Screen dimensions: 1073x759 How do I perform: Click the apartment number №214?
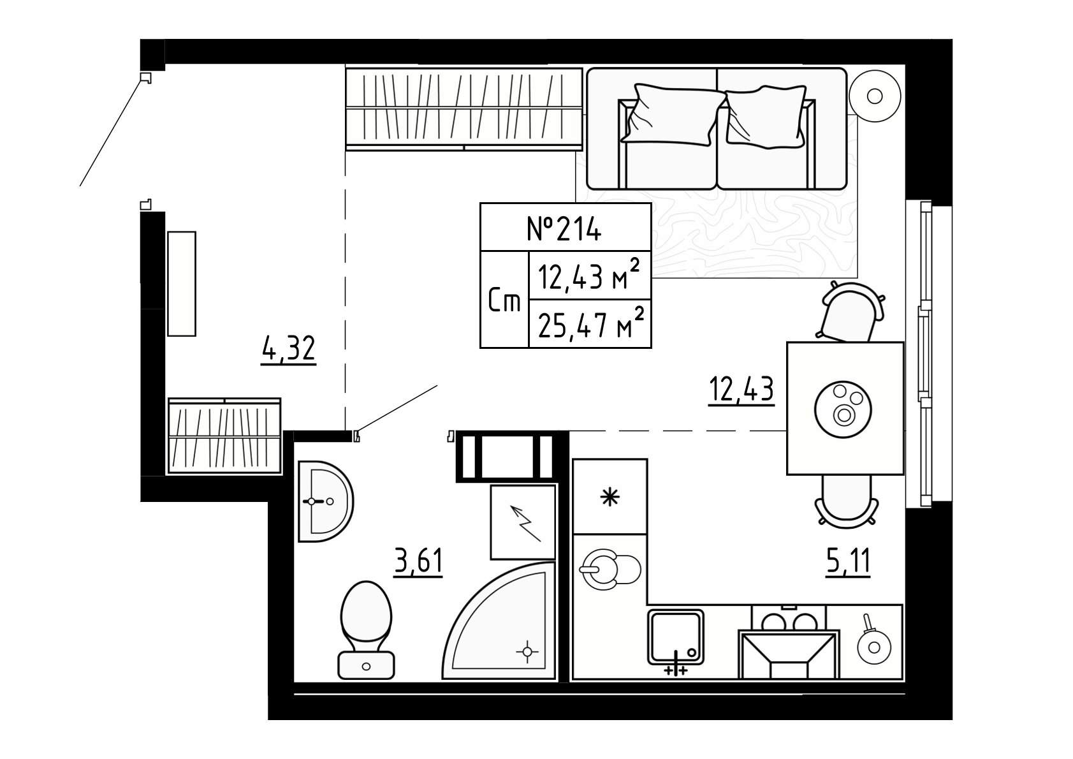click(564, 228)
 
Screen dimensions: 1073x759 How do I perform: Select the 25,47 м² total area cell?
click(590, 323)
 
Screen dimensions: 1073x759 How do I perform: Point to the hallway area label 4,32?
click(288, 350)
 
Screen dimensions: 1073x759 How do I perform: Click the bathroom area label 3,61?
click(418, 561)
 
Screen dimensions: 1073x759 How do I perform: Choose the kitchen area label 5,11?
click(848, 561)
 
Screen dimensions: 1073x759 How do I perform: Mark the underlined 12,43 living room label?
click(741, 390)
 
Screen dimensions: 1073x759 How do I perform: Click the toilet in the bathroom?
click(367, 630)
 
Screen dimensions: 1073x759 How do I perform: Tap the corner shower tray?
click(498, 621)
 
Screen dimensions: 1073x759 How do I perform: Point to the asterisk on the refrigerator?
click(609, 497)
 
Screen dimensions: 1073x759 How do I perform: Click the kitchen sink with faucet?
click(676, 638)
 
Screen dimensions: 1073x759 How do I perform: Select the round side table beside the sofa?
click(875, 96)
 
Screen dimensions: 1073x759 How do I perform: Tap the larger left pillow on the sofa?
click(673, 114)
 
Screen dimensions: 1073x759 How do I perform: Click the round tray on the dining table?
click(843, 409)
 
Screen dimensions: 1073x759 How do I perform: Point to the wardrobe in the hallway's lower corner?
click(224, 436)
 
